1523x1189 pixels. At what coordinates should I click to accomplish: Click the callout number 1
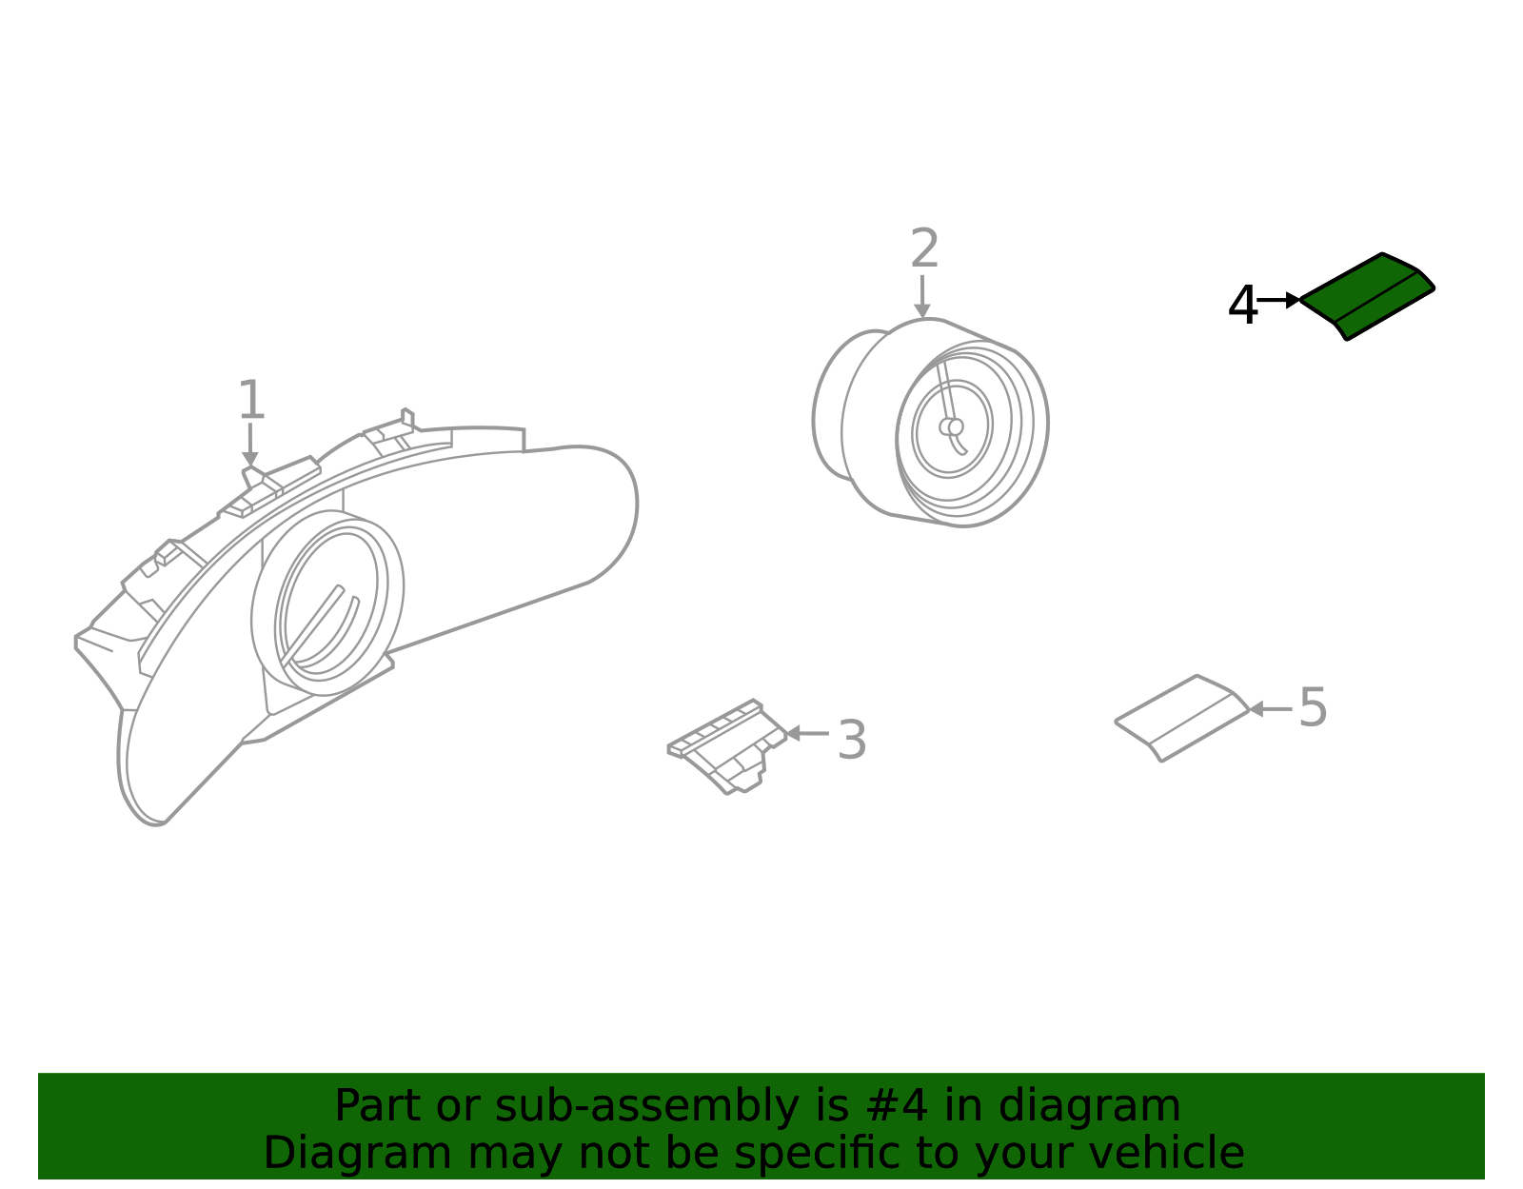251,400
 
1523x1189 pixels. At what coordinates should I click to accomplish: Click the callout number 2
924,248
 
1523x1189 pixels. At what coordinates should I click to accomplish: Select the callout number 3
852,740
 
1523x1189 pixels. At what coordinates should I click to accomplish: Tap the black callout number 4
1242,305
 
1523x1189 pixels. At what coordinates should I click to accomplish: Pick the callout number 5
1313,707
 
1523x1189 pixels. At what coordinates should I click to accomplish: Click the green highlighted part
1367,297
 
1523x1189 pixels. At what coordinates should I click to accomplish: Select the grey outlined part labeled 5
1181,718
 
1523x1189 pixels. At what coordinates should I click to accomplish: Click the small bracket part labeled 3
727,746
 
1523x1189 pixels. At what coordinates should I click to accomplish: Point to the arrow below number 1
250,445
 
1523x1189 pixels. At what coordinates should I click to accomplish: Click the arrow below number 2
922,296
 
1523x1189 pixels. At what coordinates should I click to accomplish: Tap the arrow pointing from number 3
807,734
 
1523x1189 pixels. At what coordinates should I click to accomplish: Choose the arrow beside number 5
1271,709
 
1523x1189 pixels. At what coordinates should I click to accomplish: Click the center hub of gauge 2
952,426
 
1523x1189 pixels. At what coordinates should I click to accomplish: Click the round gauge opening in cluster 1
327,604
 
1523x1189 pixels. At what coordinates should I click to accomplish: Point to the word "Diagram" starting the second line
358,1154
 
